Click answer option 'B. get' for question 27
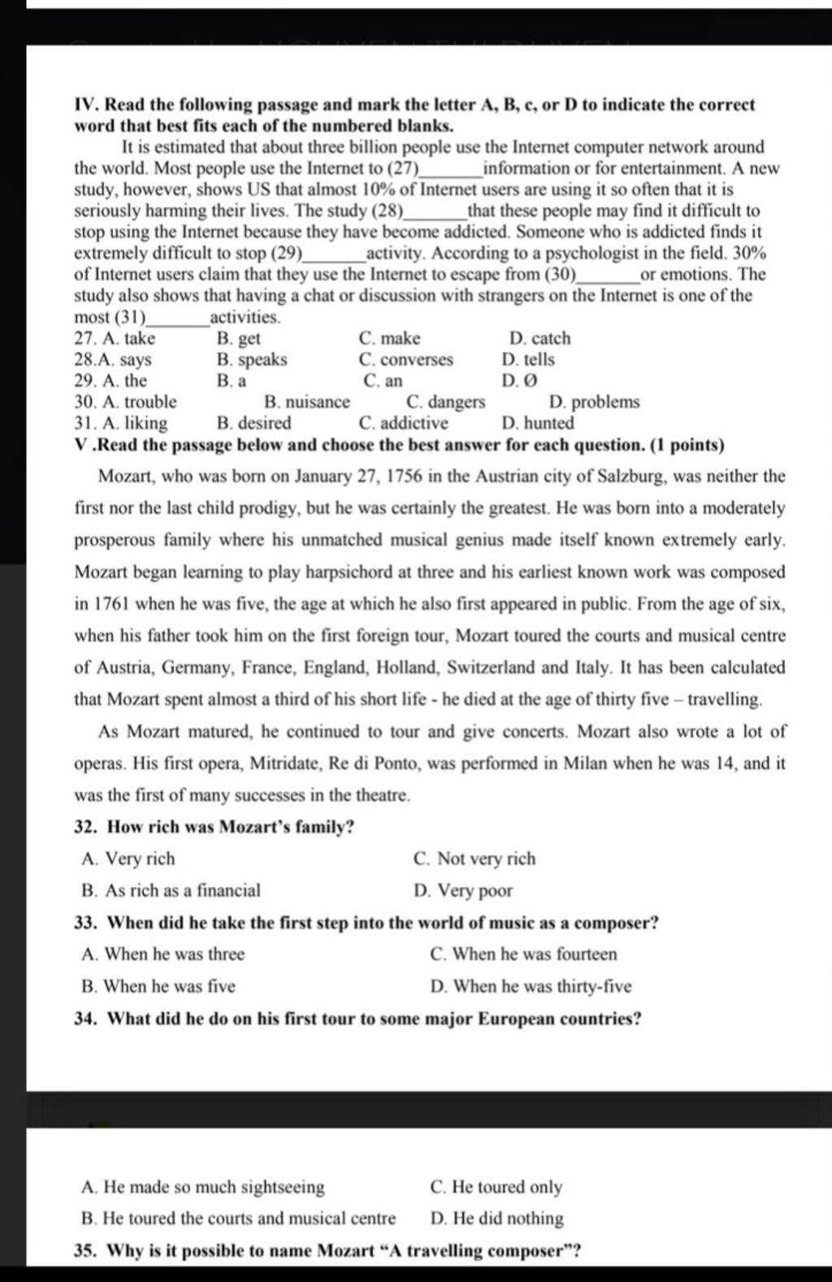tap(239, 339)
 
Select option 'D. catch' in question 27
tap(539, 339)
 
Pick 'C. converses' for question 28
tap(405, 360)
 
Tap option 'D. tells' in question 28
tap(528, 360)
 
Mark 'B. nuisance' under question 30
tap(307, 402)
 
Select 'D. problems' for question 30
tap(594, 402)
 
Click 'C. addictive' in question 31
tap(403, 423)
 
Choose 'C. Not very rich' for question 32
tap(474, 859)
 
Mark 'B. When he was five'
tap(158, 987)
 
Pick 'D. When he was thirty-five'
tap(531, 987)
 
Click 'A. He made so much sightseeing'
tap(203, 1188)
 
